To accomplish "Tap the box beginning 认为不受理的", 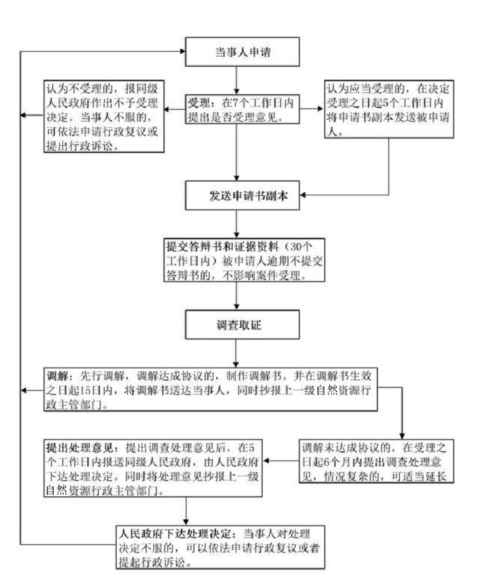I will [104, 115].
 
